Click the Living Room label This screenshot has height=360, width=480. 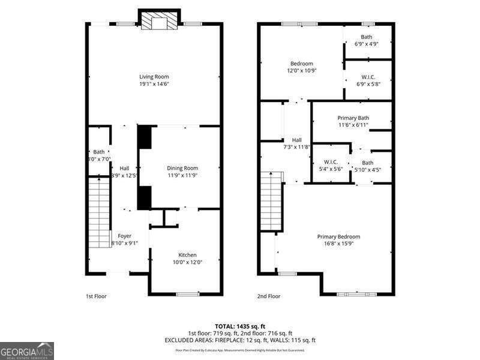click(154, 77)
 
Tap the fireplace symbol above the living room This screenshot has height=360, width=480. click(159, 22)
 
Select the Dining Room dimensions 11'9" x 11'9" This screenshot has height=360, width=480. click(182, 176)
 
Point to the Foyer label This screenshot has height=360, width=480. click(124, 236)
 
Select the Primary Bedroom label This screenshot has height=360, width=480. click(338, 236)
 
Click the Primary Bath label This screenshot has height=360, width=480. click(353, 118)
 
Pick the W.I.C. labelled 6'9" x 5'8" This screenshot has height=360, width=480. click(368, 77)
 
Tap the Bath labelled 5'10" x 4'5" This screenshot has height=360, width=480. click(367, 163)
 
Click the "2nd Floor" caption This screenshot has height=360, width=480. click(269, 296)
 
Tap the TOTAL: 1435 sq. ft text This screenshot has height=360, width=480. click(240, 326)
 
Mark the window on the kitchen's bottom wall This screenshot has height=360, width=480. click(188, 294)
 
